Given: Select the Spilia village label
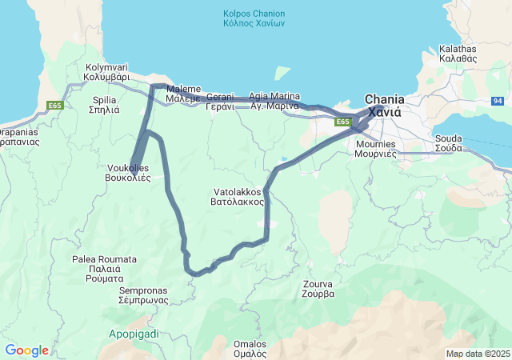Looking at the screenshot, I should (x=106, y=105).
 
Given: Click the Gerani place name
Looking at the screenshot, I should (x=220, y=101).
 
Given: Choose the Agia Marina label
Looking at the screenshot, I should (x=274, y=101).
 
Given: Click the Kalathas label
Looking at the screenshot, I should (x=458, y=54).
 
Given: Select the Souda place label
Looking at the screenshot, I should (x=448, y=143).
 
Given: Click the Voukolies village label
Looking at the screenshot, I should (x=129, y=173).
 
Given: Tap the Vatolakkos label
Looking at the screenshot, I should (x=238, y=197).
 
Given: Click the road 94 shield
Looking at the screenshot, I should (x=498, y=101).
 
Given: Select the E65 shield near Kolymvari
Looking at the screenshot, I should (x=54, y=106).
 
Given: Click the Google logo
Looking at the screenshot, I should (x=26, y=350).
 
